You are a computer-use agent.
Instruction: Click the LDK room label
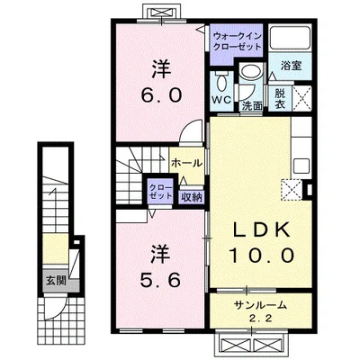coord(261,230)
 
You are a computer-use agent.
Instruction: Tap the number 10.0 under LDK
coord(261,256)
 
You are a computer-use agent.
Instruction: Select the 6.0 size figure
coord(161,95)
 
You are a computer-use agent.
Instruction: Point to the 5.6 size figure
coord(161,281)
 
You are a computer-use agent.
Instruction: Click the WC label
coord(222,100)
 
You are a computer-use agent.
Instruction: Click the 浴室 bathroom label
coord(291,66)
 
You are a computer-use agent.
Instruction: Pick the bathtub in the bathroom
coord(290,38)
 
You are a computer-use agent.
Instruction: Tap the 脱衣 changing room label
coord(280,99)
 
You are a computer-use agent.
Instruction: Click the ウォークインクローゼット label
coord(237,41)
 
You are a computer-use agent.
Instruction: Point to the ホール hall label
coord(186,163)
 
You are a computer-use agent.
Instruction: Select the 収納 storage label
coord(191,197)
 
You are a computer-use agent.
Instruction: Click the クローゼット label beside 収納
coord(161,192)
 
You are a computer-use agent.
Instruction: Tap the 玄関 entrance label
coord(56,281)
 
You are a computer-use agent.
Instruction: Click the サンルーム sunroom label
coord(261,306)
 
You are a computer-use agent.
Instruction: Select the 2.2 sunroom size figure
coord(261,318)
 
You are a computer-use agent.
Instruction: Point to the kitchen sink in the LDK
coord(301,166)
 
